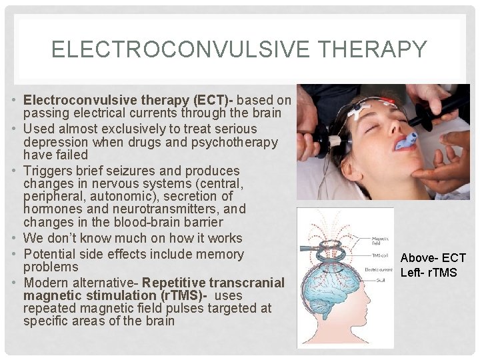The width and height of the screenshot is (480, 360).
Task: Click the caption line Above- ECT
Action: point(433,258)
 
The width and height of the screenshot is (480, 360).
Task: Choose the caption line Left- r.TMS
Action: point(429,272)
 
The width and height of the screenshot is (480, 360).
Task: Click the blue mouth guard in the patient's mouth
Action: point(406,141)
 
